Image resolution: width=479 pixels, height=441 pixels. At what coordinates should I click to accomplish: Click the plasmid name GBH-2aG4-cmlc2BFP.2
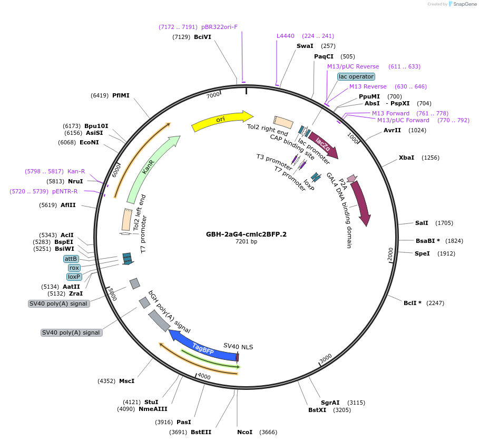click(x=246, y=234)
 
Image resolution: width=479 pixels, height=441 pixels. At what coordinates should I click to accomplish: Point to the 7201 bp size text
click(x=246, y=242)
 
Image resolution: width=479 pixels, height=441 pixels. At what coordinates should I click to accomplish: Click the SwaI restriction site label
click(x=305, y=46)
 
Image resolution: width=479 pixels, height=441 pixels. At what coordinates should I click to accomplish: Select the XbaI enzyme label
click(x=406, y=158)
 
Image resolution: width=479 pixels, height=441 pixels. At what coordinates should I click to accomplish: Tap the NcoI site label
click(x=245, y=432)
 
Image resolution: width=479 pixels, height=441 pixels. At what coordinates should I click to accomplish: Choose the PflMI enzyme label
click(x=121, y=95)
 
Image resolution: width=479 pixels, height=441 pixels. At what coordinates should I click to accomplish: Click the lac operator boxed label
click(x=356, y=76)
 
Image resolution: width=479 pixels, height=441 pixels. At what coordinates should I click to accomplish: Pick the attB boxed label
click(x=71, y=259)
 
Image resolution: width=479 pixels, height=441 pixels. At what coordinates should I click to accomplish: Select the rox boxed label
click(x=74, y=268)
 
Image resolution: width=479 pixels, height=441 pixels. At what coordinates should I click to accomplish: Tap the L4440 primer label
click(x=286, y=36)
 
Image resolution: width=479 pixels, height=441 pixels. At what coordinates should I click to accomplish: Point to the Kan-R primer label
click(x=76, y=171)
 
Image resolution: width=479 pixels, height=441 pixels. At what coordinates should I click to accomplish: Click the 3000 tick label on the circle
click(x=326, y=358)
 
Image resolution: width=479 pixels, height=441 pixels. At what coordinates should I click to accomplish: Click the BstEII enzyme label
click(x=201, y=432)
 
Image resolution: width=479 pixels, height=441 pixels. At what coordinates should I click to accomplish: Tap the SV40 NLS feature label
click(x=238, y=346)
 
